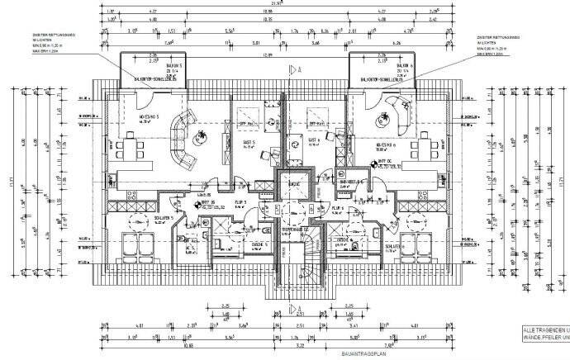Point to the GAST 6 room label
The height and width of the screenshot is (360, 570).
[x=315, y=141]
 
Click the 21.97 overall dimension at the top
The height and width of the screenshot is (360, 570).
[x=286, y=4]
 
